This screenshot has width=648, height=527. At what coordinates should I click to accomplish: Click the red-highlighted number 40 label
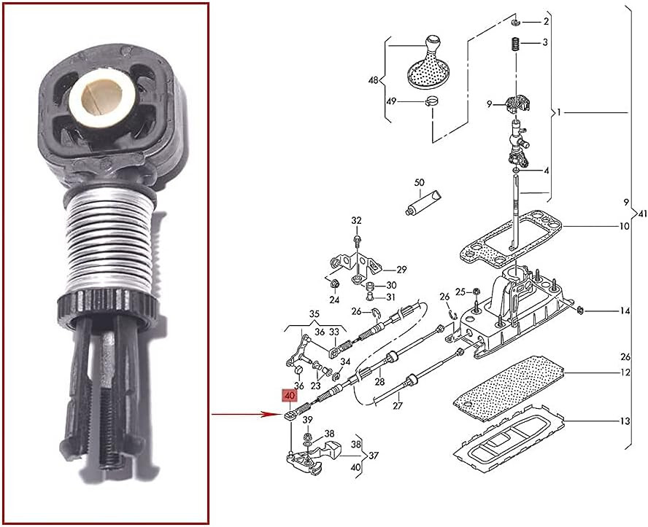(x=290, y=397)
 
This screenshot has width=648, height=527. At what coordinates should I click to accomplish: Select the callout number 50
(x=419, y=181)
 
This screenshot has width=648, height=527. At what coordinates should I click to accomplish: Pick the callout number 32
(x=356, y=220)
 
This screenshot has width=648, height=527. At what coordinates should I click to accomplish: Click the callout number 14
(x=625, y=311)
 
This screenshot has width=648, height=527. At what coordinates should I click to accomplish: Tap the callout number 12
(x=625, y=373)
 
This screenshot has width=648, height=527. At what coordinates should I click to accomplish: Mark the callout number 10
(x=625, y=227)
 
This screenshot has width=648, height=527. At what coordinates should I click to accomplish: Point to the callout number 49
(x=391, y=101)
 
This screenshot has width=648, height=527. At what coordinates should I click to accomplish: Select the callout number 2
(x=545, y=23)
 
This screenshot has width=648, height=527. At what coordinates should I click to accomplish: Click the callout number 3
(x=545, y=43)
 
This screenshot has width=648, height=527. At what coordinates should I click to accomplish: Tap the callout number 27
(x=398, y=405)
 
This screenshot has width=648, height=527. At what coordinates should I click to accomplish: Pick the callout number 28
(x=379, y=381)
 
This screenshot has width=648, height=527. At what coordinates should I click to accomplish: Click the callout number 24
(x=333, y=300)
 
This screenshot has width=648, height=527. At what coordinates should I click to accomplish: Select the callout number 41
(x=641, y=214)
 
